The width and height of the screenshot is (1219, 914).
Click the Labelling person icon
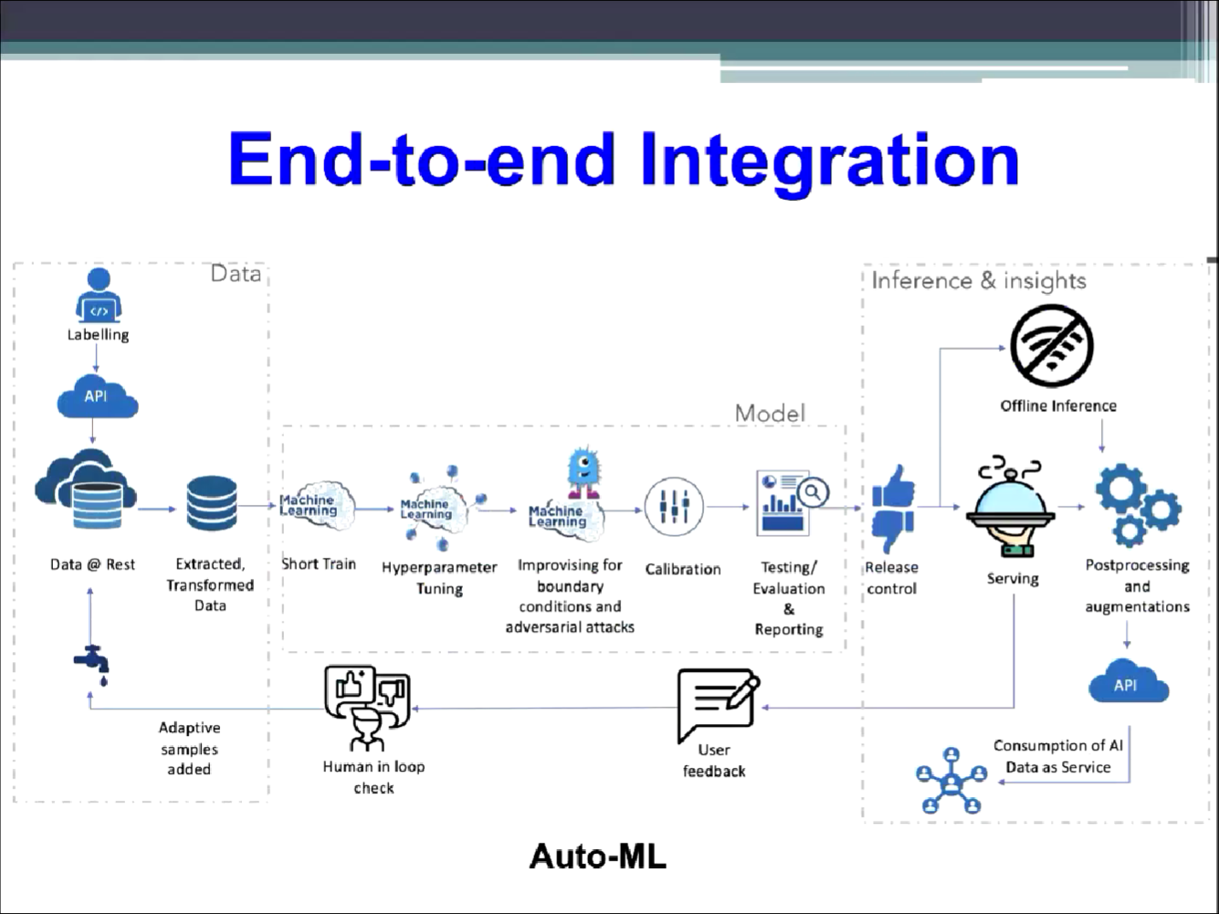(98, 295)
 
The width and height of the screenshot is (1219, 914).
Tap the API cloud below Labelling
(97, 397)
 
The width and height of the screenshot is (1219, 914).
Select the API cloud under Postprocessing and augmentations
(1128, 682)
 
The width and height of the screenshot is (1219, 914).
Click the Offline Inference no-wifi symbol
(1052, 346)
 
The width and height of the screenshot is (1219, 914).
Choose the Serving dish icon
(1011, 507)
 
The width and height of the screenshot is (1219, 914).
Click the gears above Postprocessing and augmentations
(1137, 505)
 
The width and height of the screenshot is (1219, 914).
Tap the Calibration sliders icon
(674, 506)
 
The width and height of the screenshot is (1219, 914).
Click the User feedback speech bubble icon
(717, 704)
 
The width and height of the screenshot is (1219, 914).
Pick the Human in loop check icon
(367, 706)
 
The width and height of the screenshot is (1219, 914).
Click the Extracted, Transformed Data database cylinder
(211, 504)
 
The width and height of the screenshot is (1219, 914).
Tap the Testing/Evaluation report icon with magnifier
(791, 502)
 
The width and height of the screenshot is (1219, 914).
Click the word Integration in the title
(828, 160)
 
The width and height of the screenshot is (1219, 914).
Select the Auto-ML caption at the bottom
(598, 856)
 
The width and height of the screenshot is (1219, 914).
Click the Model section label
(770, 414)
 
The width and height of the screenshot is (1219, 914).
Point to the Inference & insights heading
(978, 280)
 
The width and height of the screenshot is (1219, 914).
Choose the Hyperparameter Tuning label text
(439, 578)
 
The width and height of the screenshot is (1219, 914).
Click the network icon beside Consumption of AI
(951, 781)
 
